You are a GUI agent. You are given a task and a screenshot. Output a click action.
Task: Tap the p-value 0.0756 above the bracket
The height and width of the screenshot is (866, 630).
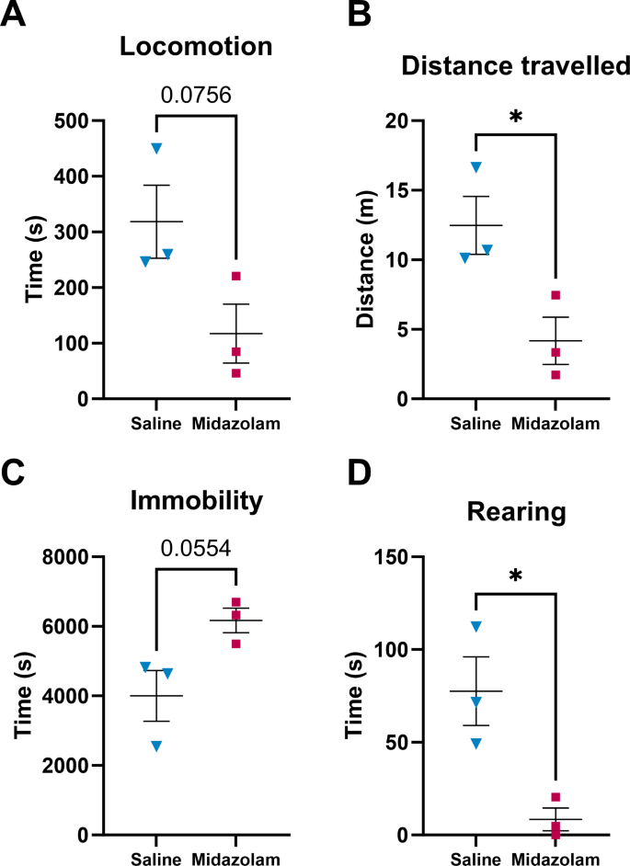tap(195, 95)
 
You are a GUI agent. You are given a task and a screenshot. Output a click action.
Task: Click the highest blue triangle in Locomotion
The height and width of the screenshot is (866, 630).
tap(156, 148)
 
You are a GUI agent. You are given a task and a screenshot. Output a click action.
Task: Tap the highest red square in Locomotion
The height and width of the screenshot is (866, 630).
tap(235, 276)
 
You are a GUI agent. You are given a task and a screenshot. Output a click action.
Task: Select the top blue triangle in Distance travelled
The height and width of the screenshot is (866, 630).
tap(475, 166)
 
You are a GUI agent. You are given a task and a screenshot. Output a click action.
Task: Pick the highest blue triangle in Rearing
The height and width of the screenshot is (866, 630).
tap(475, 626)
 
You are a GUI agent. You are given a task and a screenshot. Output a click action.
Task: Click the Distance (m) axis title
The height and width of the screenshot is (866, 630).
tap(368, 261)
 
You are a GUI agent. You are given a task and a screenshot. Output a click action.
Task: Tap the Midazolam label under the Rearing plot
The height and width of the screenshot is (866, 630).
tap(556, 860)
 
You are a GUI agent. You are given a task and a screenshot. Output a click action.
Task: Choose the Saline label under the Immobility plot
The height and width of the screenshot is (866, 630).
tap(156, 860)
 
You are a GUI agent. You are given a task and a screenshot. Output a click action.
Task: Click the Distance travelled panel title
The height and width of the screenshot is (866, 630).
tap(515, 66)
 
